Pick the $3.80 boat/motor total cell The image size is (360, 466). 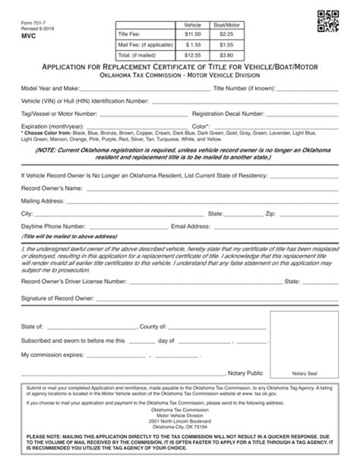226,55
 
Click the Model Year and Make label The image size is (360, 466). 51,88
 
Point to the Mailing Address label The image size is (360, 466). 43,200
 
